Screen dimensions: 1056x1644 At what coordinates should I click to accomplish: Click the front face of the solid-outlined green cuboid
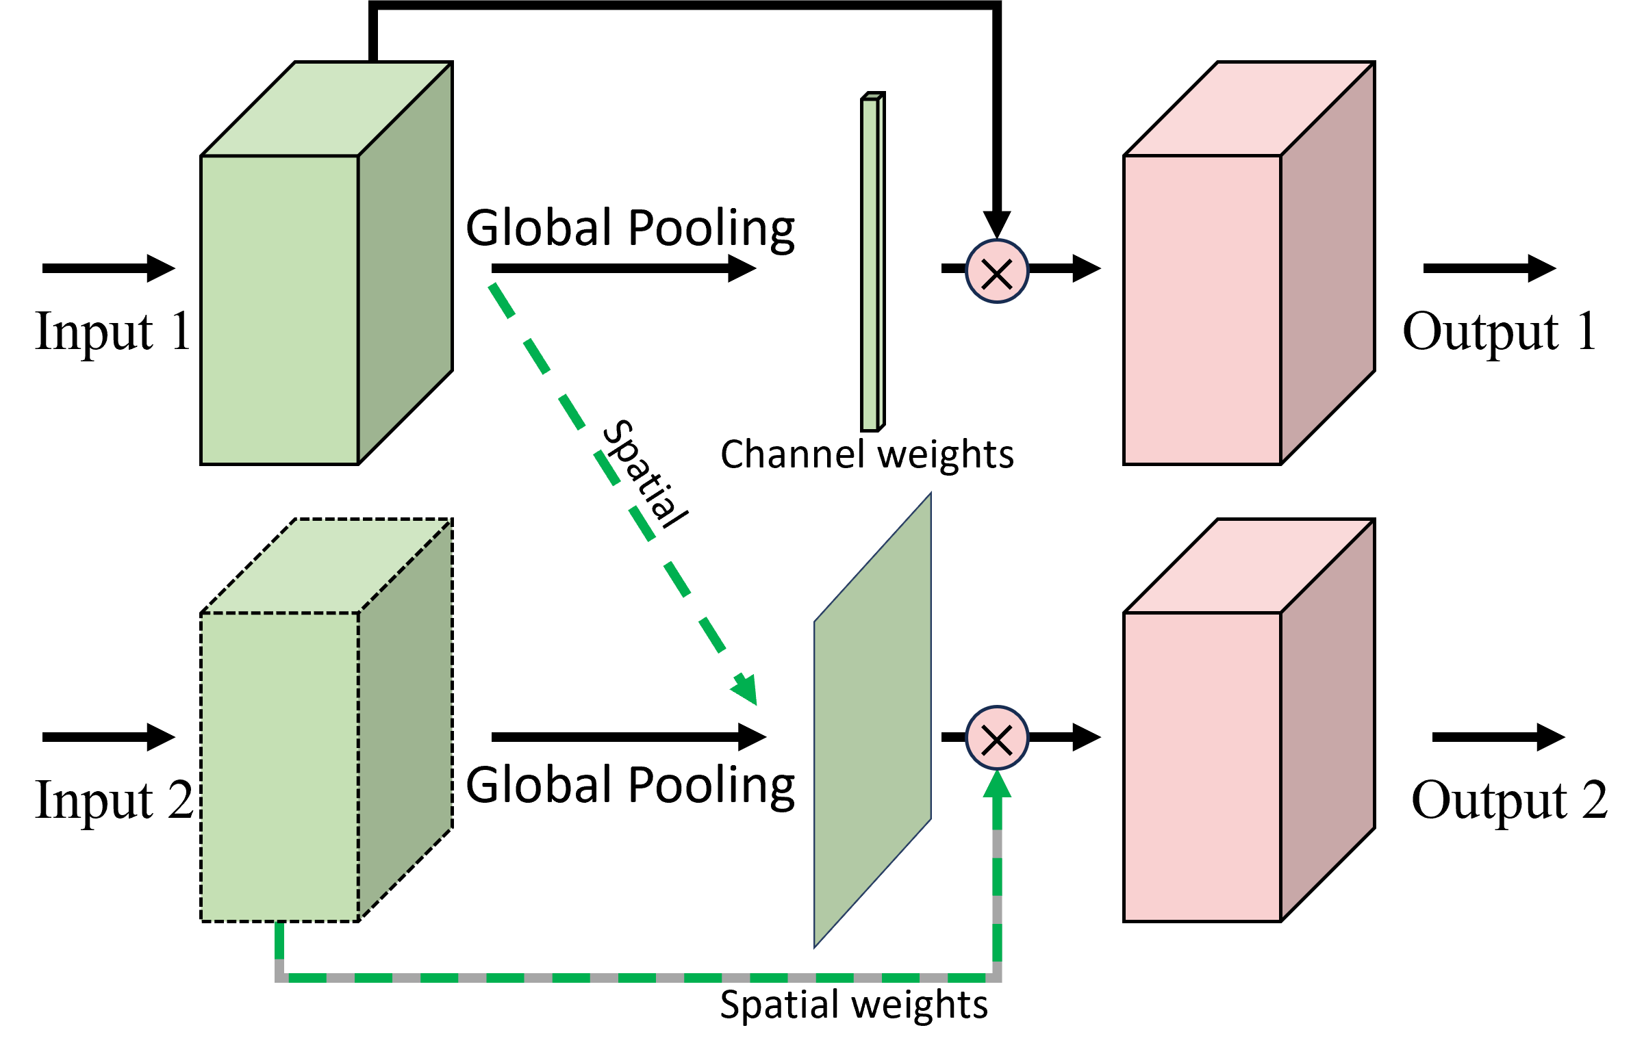point(280,309)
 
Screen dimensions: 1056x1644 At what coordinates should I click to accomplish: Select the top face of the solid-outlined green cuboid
point(327,110)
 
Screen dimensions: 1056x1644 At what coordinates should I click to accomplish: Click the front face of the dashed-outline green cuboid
point(280,766)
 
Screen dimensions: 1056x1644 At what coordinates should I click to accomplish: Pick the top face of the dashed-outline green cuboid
point(327,567)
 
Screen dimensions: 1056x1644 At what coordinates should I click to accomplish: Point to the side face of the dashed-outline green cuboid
point(405,720)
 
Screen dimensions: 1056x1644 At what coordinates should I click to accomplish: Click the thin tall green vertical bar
point(870,264)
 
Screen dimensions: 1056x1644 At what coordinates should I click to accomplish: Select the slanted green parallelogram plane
point(872,720)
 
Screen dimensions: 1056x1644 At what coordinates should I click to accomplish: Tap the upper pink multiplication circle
point(996,271)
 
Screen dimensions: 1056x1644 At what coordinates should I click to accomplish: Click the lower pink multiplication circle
point(996,738)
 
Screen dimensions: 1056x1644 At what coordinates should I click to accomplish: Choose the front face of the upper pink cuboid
point(1202,309)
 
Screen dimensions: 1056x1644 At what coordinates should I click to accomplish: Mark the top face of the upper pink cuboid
point(1250,110)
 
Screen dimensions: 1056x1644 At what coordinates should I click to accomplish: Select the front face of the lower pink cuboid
point(1202,766)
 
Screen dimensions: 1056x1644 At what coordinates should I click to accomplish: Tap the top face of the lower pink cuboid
point(1250,567)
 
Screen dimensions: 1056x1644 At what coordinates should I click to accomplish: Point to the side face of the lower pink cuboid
point(1327,720)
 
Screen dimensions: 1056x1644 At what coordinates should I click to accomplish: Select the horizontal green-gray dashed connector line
point(638,977)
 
